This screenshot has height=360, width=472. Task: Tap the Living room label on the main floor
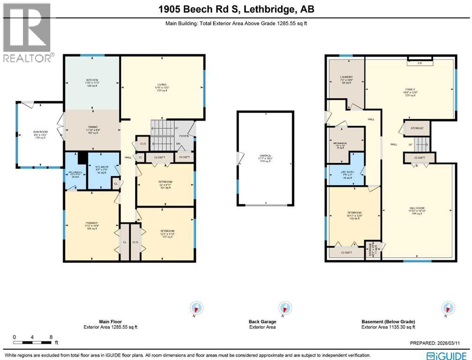pos(162,85)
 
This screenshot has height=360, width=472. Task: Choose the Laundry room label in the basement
pos(346,77)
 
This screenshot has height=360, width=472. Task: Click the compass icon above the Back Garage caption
pos(283,307)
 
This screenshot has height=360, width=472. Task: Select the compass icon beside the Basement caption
pos(447,307)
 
